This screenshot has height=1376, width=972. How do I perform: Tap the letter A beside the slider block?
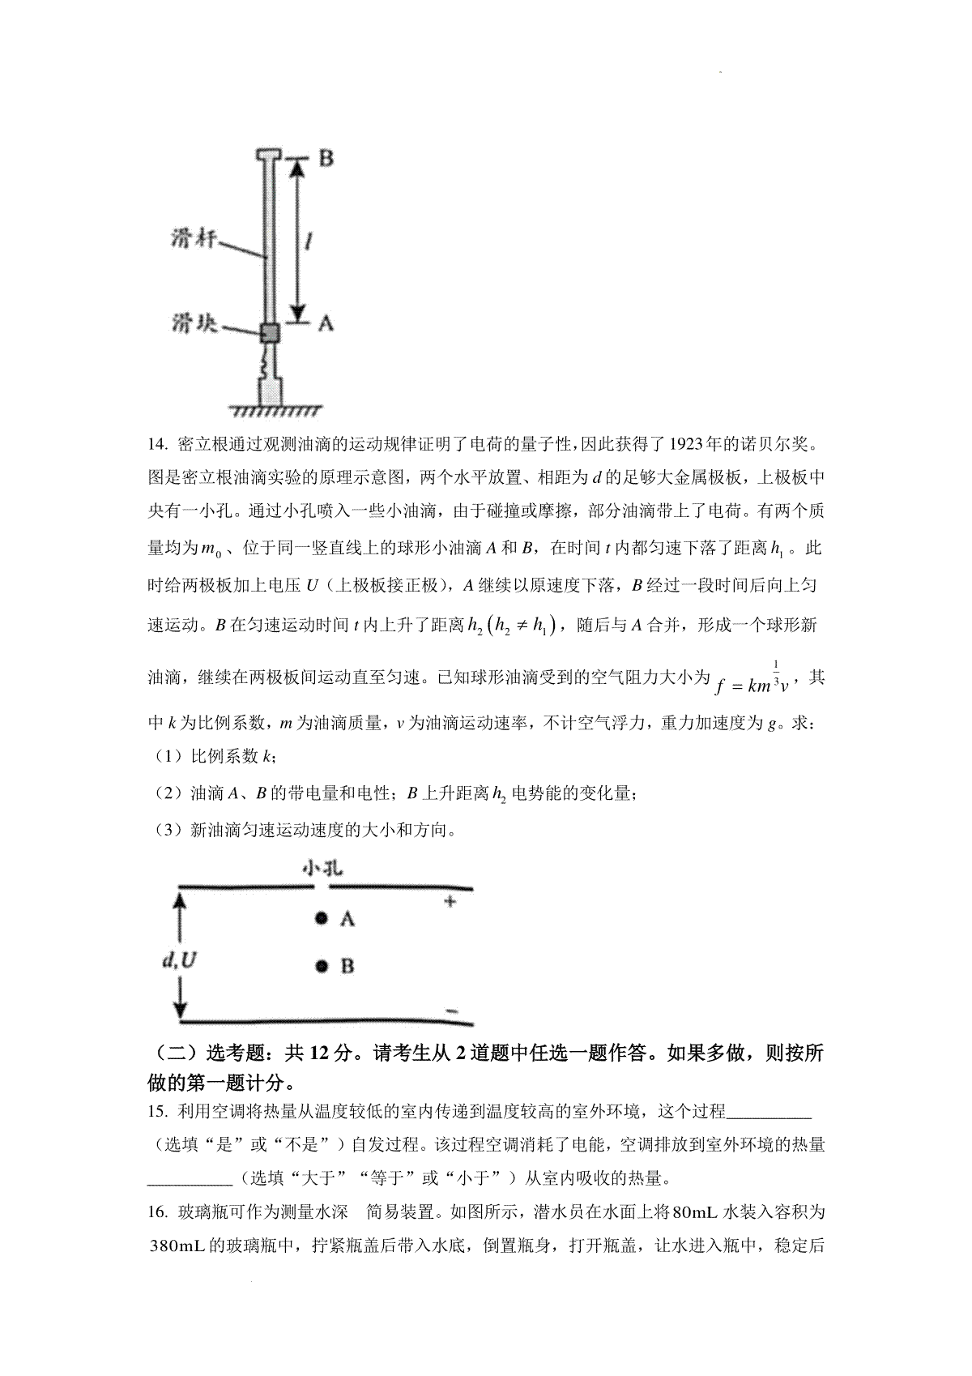pos(325,323)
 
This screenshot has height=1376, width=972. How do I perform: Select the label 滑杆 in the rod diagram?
pos(194,240)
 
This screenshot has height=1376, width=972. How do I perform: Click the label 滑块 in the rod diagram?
pos(193,324)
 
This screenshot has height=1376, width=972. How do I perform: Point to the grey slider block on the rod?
pos(270,332)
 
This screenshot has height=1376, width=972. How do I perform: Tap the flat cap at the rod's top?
pos(269,153)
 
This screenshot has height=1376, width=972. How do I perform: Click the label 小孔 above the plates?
pos(323,868)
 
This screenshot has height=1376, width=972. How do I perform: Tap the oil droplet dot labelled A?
pos(322,918)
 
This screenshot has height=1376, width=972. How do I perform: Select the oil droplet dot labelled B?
pos(322,965)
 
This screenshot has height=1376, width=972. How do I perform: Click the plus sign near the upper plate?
pos(450,901)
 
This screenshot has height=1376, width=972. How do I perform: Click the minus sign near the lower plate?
pos(452,1010)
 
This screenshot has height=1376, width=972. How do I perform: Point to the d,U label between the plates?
pos(179,961)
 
